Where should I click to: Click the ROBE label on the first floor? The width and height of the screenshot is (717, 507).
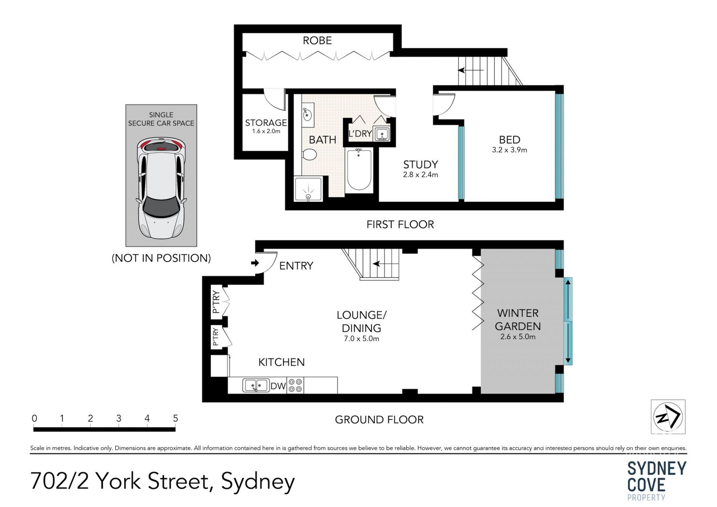[x=317, y=40]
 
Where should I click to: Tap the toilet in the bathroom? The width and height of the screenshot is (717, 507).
[x=309, y=154]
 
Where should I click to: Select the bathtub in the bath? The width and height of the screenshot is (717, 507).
[x=359, y=170]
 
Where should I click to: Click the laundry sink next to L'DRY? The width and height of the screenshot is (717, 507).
[x=382, y=134]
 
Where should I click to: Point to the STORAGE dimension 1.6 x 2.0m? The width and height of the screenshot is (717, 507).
[x=266, y=131]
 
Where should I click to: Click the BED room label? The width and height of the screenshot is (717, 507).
[x=509, y=140]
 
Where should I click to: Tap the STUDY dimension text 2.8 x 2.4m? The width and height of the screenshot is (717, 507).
[x=420, y=174]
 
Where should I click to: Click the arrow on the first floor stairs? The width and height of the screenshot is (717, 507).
[x=471, y=70]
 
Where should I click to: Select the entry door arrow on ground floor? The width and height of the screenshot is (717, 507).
[x=255, y=263]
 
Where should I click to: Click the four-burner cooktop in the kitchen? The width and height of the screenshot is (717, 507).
[x=295, y=385]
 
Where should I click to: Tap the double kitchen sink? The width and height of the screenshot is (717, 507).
[x=256, y=385]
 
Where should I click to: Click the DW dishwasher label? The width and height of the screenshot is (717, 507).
[x=278, y=386]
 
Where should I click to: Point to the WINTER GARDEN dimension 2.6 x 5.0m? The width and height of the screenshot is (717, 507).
[x=518, y=337]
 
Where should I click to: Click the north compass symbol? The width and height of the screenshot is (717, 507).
[x=668, y=417]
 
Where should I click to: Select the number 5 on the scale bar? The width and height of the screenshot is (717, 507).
[x=176, y=418]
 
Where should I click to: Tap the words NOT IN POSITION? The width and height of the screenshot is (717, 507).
[x=161, y=258]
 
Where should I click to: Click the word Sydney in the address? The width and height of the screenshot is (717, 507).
[x=258, y=482]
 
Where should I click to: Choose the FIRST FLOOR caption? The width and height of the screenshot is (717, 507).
[x=400, y=224]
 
